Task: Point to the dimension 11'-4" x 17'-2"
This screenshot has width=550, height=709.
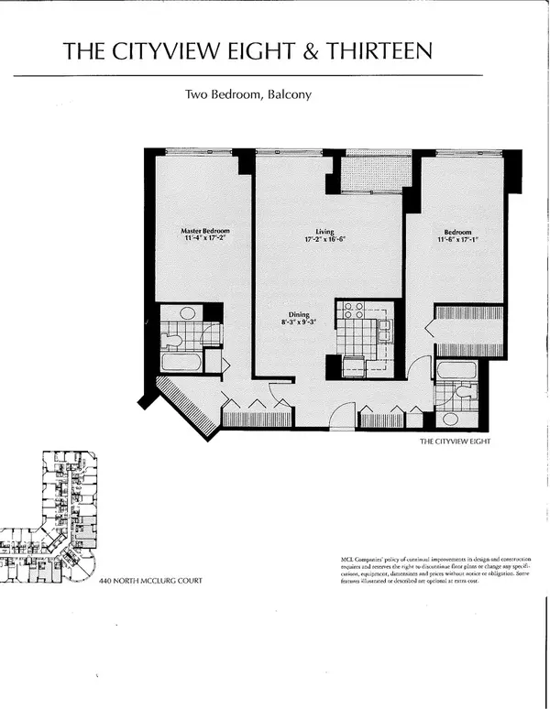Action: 204,239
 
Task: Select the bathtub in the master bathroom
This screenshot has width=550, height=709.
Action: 181,362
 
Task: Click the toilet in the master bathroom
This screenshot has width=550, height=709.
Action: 171,340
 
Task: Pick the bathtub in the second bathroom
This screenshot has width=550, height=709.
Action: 456,372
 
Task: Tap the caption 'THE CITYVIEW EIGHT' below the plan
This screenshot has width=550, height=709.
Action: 456,441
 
